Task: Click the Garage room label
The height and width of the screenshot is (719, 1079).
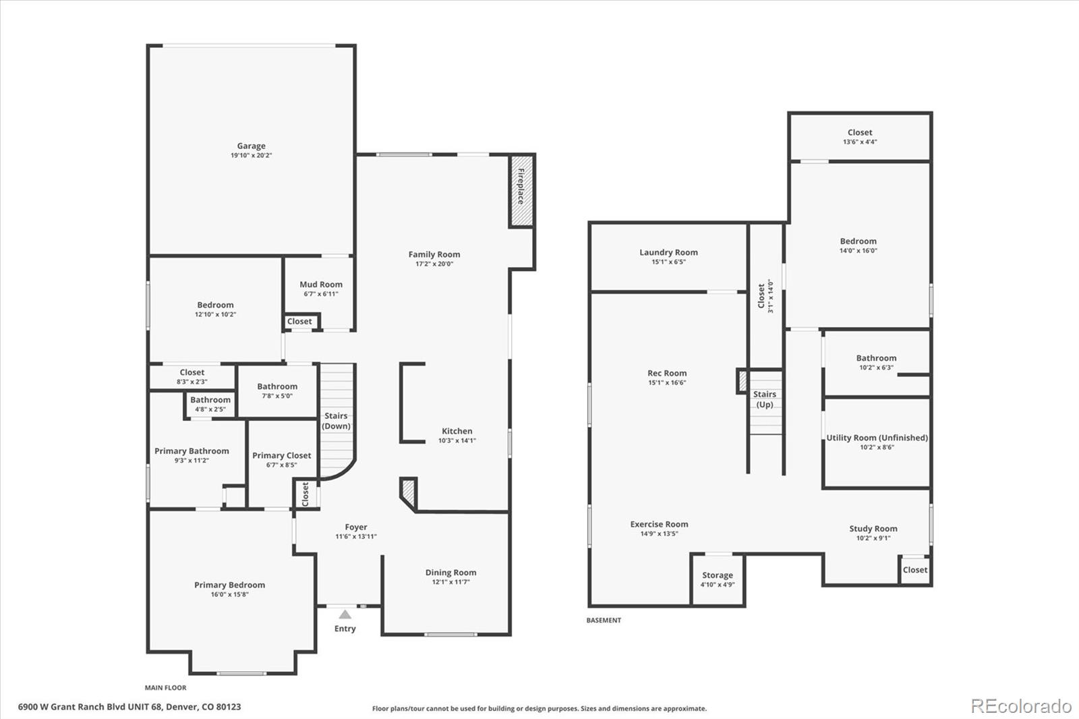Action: point(251,146)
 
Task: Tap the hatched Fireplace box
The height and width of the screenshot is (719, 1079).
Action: point(521,191)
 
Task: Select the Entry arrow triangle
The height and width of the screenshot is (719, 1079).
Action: point(345,614)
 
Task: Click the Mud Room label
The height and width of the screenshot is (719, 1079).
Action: point(321,285)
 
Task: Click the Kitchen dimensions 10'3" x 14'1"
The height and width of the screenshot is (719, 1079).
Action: point(457,441)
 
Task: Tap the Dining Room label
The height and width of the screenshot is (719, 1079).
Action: point(450,573)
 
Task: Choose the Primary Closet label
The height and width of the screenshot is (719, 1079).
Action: point(281,455)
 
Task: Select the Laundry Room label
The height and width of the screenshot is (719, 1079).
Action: point(668,252)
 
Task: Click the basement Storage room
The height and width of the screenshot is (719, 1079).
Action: point(718,579)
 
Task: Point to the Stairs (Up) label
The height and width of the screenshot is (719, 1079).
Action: point(765,399)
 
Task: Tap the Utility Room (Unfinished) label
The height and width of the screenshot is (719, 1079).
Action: point(877,438)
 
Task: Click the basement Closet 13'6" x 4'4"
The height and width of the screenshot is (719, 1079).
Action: point(860,137)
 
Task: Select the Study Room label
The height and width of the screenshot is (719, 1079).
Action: point(873,529)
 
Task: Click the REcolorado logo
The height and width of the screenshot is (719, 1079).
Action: point(1021,706)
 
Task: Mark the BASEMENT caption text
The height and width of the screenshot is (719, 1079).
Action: point(604,621)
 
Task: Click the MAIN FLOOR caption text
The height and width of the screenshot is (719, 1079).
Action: point(165,688)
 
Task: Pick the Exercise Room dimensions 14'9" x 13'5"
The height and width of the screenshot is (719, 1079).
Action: point(659,534)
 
